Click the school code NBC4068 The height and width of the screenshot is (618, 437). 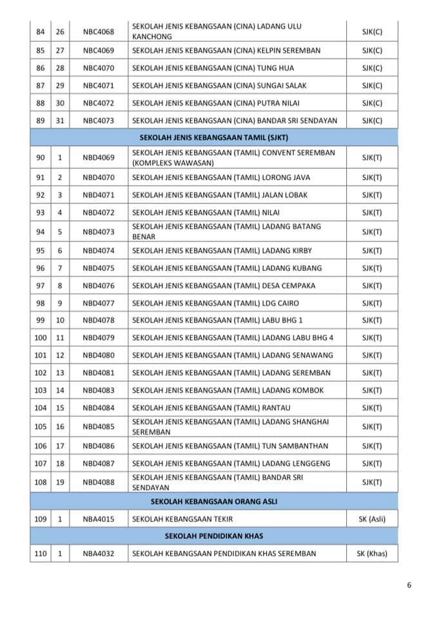[x=98, y=32]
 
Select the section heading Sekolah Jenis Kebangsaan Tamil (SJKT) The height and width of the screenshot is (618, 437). [x=215, y=138]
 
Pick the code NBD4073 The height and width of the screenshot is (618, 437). [x=98, y=232]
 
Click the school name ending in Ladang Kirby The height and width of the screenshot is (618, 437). [x=218, y=251]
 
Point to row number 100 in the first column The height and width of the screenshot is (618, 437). [x=41, y=337]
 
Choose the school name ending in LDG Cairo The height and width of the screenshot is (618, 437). [x=215, y=303]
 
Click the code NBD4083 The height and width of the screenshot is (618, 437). [x=98, y=390]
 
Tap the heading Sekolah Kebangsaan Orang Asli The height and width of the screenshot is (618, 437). [x=215, y=501]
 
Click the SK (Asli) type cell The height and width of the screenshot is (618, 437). [x=372, y=519]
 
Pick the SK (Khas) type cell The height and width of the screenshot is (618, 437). [x=372, y=554]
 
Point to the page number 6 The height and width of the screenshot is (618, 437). [x=409, y=585]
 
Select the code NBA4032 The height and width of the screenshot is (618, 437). [x=98, y=554]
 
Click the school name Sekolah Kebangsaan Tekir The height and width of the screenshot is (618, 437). [x=182, y=519]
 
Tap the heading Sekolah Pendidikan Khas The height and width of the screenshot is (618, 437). [x=215, y=536]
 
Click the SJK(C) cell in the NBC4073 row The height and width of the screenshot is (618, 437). [x=372, y=120]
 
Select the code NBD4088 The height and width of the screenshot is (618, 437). [x=98, y=482]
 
